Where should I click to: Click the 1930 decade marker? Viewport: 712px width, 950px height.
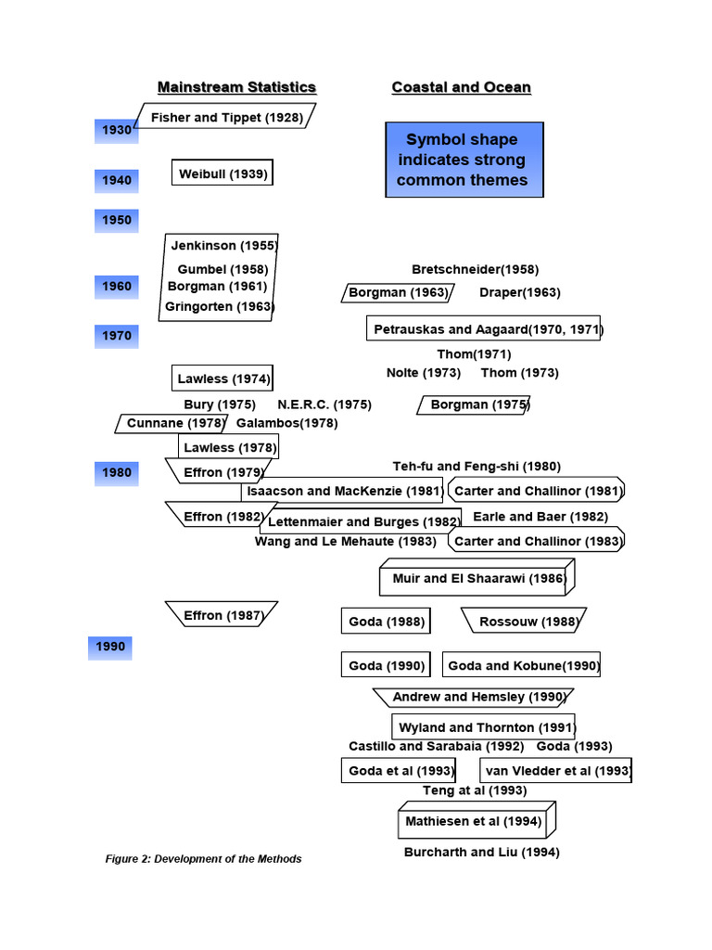(116, 131)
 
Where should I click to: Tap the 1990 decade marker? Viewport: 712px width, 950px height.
(110, 647)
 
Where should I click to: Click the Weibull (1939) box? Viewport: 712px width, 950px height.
(222, 173)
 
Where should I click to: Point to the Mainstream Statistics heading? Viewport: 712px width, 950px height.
(236, 87)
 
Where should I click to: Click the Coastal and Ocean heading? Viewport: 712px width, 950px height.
(461, 87)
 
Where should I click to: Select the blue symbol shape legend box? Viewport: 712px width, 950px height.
(464, 160)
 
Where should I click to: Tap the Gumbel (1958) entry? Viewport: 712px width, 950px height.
(222, 269)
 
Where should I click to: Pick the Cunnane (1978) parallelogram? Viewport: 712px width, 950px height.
(173, 423)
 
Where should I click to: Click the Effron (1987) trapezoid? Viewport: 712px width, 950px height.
(222, 614)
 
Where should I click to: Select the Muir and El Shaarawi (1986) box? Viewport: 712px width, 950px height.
(477, 578)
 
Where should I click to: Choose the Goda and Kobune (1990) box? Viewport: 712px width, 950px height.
(522, 665)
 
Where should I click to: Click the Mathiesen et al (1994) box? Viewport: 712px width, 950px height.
(475, 821)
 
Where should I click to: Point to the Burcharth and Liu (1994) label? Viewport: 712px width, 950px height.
(481, 852)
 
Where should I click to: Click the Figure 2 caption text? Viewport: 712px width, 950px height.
(203, 858)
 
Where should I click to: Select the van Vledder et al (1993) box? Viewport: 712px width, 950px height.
(556, 770)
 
